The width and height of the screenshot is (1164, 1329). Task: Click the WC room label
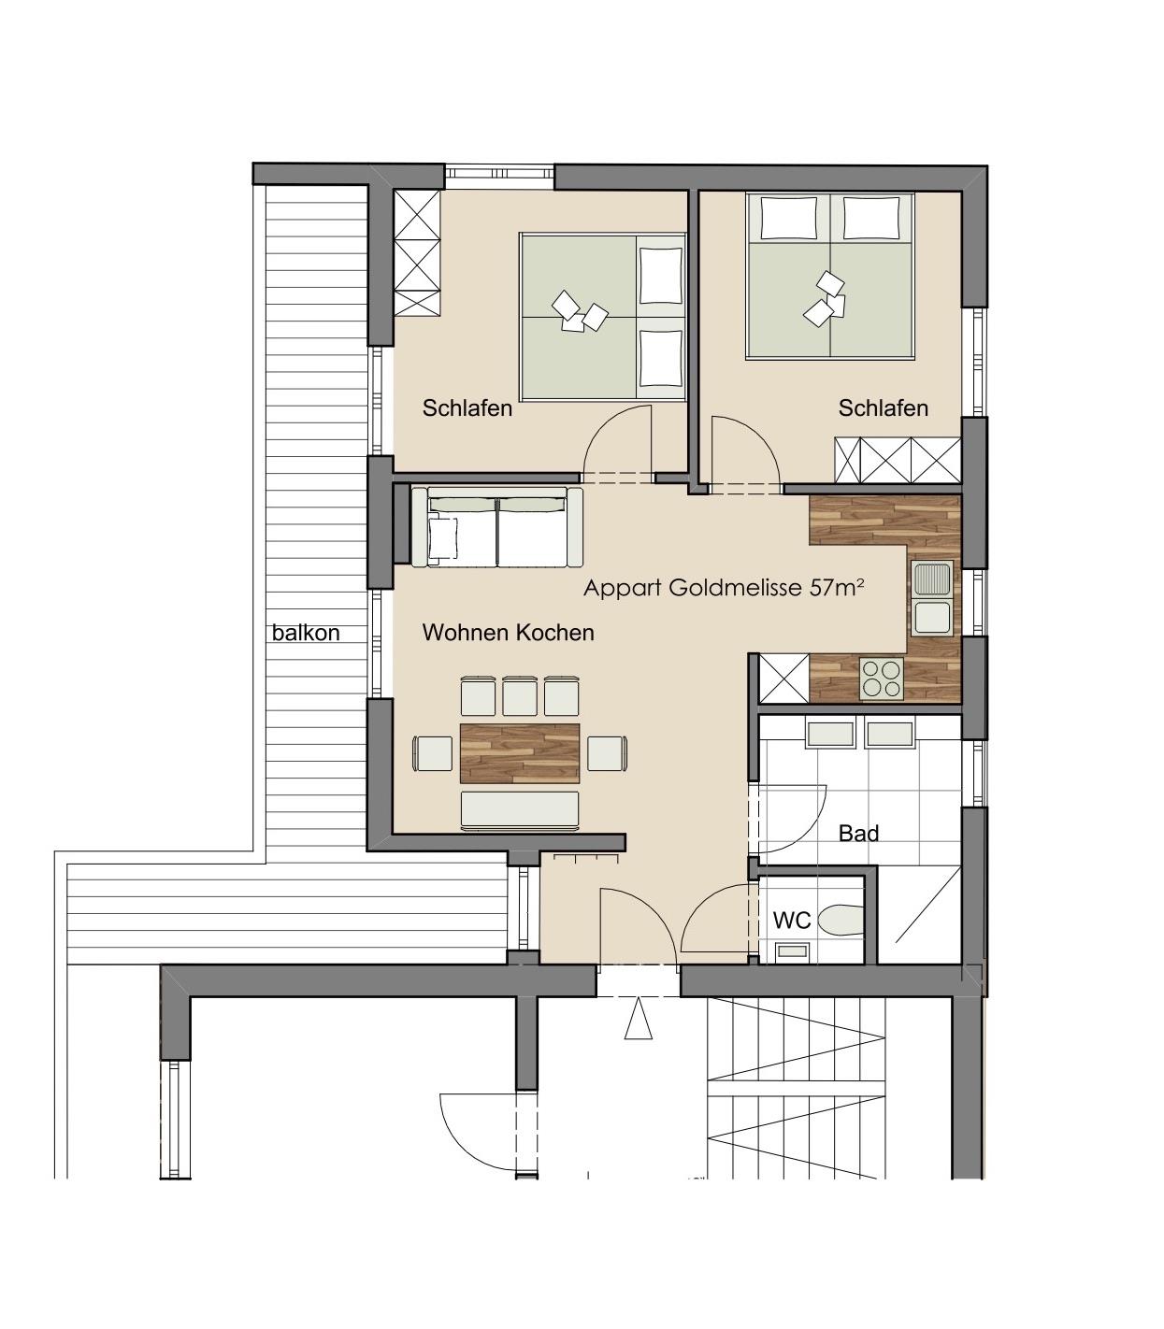pos(792,920)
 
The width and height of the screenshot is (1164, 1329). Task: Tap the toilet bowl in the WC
pos(841,920)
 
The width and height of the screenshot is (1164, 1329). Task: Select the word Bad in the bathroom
pos(858,833)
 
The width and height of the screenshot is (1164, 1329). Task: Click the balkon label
pos(306,633)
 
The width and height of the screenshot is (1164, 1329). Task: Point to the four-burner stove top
pos(882,679)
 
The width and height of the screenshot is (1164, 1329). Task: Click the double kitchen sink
pos(933,598)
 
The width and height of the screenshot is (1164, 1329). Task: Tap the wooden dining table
pos(520,753)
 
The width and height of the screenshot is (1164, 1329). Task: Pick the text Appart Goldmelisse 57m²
pos(724,588)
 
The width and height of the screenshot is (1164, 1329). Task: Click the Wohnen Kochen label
pos(508,633)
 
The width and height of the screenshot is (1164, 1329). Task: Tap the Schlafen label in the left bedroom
pos(467,407)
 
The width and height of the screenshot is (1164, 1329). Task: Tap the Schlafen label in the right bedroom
pos(883,407)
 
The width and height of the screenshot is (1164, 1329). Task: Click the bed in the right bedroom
pos(830,276)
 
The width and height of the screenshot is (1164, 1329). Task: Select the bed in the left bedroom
pos(603,317)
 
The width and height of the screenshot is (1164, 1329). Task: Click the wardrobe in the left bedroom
pos(417,252)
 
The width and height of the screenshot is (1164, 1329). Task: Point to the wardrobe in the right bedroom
pos(897,461)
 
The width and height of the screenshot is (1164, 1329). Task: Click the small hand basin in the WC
pos(792,951)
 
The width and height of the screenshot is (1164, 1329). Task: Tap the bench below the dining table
pos(520,810)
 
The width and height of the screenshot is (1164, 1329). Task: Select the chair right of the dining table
pos(608,753)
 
